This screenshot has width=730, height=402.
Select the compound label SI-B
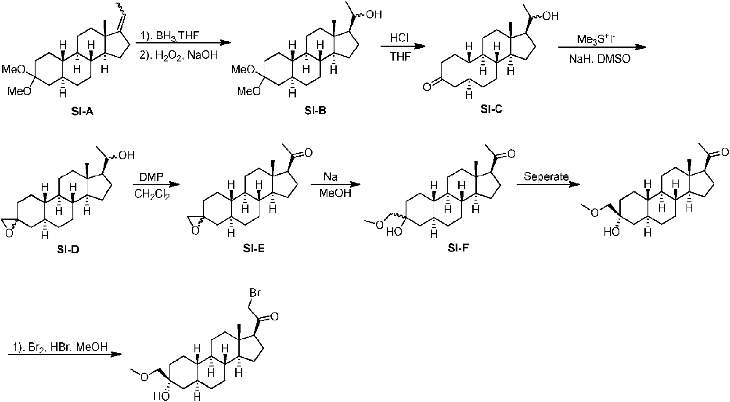click(x=315, y=111)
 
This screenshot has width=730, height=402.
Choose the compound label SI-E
click(x=254, y=249)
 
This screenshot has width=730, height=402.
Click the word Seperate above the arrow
click(x=546, y=177)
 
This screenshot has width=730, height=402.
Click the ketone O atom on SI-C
click(x=426, y=87)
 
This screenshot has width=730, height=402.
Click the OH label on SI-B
click(x=374, y=15)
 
